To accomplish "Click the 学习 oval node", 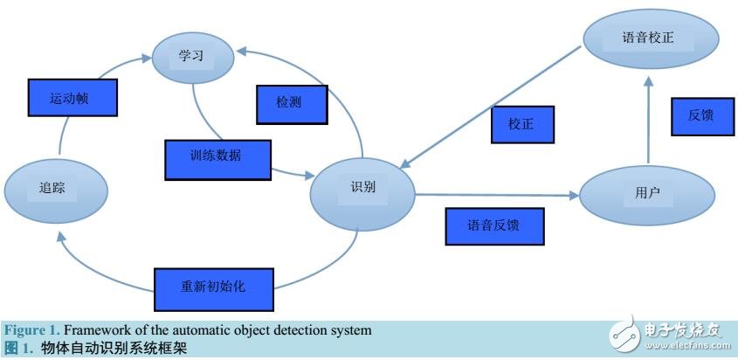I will coord(190,56).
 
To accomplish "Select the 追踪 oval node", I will coord(55,187).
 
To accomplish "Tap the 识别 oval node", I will coord(362,187).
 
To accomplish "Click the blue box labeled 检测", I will coord(291,104).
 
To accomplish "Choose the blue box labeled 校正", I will coord(522,124).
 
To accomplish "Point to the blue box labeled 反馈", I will coord(701,115).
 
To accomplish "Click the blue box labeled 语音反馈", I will coord(494,225).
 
